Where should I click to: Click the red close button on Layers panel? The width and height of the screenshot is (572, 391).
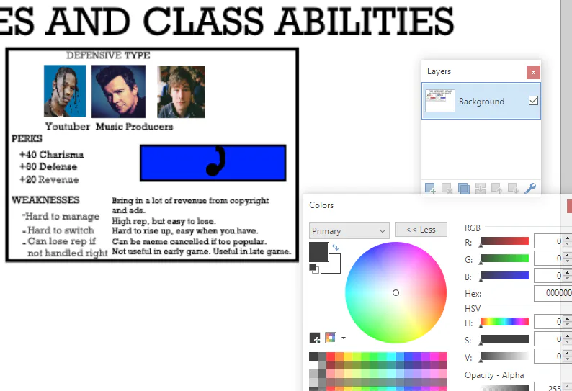(533, 72)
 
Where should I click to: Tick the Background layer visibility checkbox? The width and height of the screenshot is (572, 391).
(533, 100)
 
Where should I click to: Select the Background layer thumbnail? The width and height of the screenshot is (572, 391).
(440, 100)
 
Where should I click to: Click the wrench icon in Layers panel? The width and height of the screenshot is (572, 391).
(530, 188)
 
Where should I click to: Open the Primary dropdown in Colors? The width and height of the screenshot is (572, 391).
(349, 230)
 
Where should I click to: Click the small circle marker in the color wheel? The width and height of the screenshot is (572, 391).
(396, 292)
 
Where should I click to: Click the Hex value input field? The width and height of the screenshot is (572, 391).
(553, 293)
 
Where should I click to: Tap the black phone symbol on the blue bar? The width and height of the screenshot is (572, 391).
(216, 161)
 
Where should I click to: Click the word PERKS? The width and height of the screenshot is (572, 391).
(27, 138)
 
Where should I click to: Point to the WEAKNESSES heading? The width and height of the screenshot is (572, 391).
(45, 200)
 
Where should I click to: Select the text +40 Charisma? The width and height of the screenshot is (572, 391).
(51, 155)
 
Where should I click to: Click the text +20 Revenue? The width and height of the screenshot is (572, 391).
(49, 179)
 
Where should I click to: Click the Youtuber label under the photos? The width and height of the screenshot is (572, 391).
(68, 127)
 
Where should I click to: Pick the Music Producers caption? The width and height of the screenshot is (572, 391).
(134, 127)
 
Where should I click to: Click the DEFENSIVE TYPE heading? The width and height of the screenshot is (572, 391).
(108, 55)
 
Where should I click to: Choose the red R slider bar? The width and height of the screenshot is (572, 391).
(504, 241)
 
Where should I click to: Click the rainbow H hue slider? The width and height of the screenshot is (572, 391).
(504, 322)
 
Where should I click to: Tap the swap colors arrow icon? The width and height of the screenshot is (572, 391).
(335, 247)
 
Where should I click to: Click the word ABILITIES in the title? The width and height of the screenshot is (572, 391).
(366, 21)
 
